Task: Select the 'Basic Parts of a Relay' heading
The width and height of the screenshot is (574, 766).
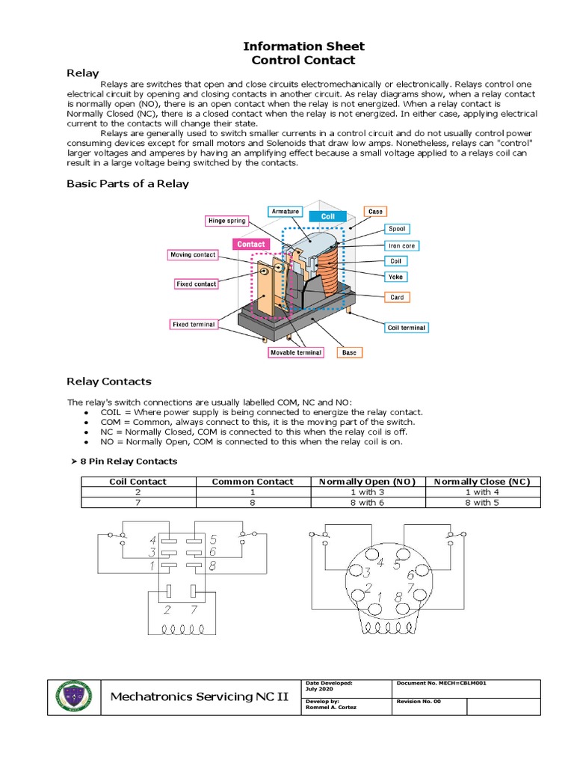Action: [x=128, y=183]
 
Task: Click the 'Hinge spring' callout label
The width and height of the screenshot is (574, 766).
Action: [x=226, y=221]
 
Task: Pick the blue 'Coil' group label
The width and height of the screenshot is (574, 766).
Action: [x=327, y=215]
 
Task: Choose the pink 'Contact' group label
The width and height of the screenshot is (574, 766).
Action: [x=250, y=244]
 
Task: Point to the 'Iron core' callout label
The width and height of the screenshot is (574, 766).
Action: [x=401, y=245]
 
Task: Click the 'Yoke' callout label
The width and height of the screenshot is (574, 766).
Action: [x=396, y=276]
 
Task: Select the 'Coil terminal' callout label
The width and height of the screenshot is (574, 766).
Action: [x=407, y=327]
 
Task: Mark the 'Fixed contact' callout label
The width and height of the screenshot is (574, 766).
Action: [x=196, y=284]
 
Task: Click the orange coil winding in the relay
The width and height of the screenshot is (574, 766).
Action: [x=330, y=269]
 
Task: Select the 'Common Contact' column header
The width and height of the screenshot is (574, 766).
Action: [x=253, y=482]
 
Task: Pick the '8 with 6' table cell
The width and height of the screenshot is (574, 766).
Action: [x=367, y=503]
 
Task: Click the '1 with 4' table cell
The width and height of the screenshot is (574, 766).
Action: [x=482, y=492]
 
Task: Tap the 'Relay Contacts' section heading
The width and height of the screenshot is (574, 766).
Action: [x=109, y=381]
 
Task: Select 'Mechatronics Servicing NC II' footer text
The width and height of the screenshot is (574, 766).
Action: [x=199, y=697]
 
